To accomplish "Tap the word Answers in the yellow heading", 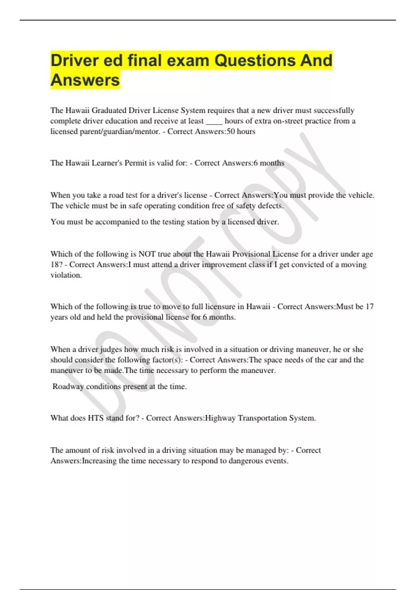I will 85,80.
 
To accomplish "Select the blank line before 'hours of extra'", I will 214,121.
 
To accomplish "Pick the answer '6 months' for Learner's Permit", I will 269,163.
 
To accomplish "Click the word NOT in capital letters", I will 147,254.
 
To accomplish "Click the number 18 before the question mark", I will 55,265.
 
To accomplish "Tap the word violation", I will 66,275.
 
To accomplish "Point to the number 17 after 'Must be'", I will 370,307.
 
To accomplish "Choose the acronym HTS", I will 96,418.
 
